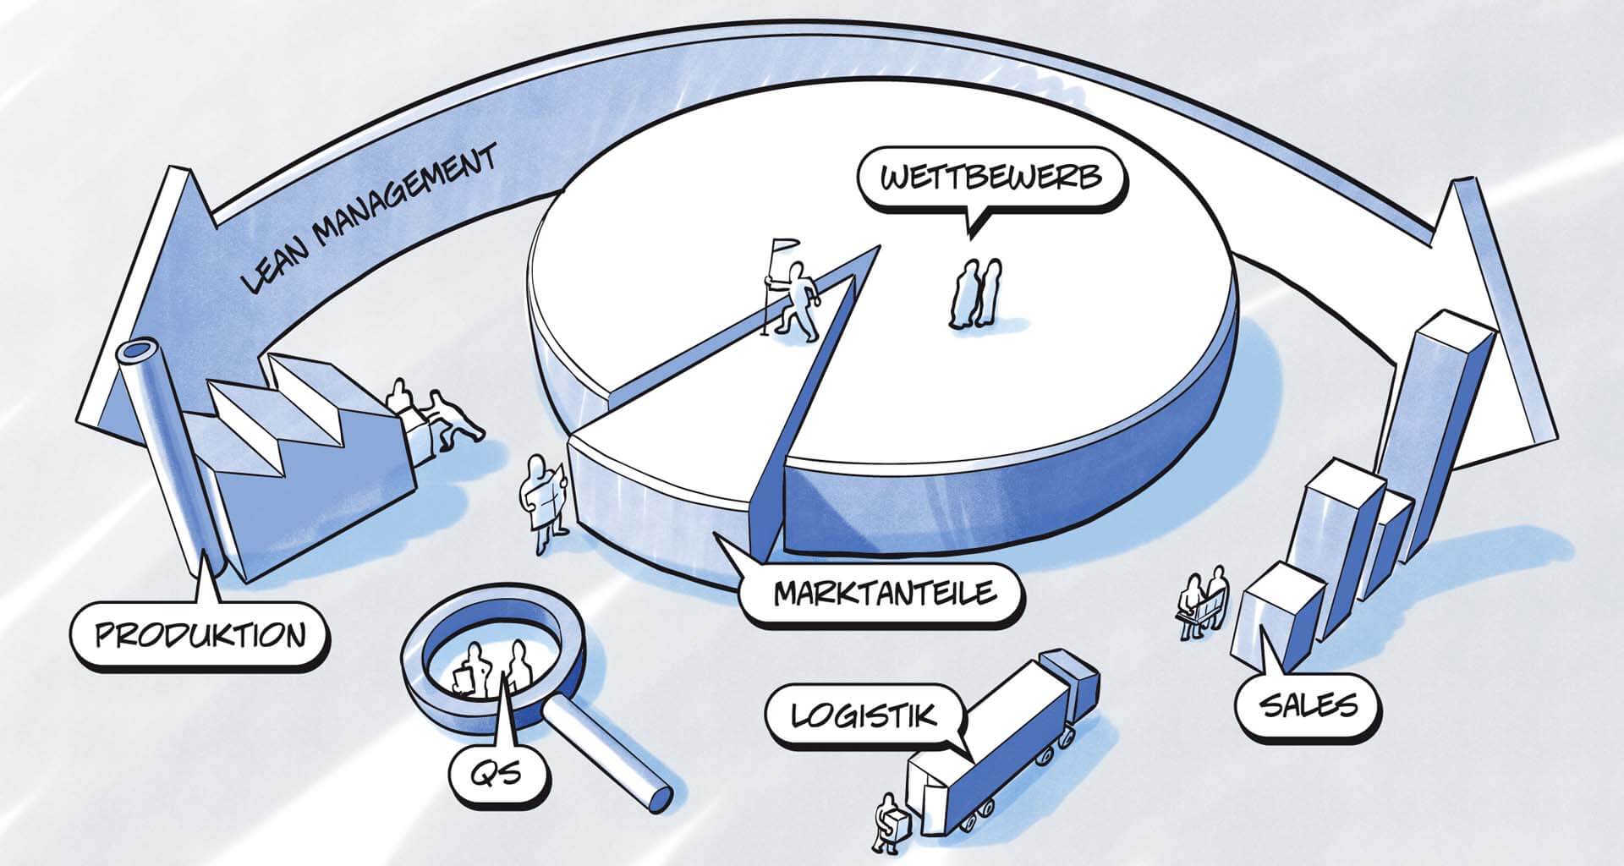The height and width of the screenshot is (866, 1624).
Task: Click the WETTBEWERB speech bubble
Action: click(990, 179)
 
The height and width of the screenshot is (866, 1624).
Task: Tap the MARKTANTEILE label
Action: click(884, 592)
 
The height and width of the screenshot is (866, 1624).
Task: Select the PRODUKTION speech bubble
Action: click(200, 634)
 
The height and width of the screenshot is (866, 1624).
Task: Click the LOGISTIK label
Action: click(864, 716)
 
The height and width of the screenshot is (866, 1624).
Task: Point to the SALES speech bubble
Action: click(1308, 704)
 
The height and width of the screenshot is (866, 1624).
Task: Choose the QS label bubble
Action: click(500, 771)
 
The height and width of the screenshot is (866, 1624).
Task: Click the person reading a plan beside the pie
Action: click(543, 501)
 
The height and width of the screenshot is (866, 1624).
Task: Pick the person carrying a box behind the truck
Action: click(889, 824)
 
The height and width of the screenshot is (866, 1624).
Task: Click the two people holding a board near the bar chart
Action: click(1203, 600)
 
